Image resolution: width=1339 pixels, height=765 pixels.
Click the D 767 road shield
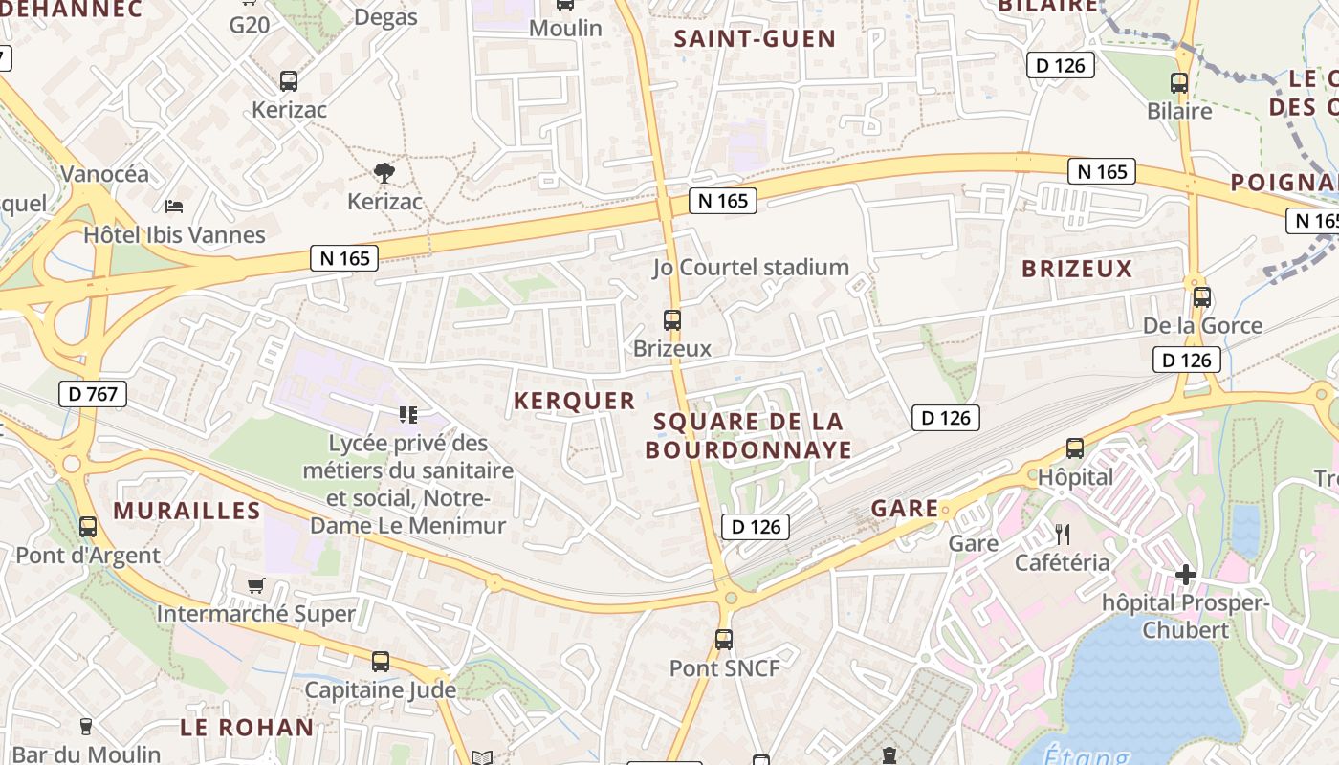pos(94,393)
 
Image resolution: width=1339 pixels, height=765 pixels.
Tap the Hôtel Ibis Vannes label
pos(174,234)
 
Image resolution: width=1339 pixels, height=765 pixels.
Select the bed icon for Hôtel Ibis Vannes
pos(174,206)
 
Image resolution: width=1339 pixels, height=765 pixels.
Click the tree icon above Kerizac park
pos(384,173)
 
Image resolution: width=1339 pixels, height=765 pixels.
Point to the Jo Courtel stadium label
pos(751,267)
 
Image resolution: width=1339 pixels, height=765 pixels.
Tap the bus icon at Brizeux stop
pos(672,320)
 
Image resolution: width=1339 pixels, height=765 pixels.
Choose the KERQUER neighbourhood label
pos(574,401)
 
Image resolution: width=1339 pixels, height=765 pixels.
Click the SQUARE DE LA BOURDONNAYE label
pos(748,435)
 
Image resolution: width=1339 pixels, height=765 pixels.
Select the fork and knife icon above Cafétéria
pos(1063,534)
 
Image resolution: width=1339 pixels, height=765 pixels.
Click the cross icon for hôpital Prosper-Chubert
pos(1186,574)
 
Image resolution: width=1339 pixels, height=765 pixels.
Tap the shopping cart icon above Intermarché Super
pos(255,585)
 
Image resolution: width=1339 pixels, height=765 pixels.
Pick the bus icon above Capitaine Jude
pos(381,661)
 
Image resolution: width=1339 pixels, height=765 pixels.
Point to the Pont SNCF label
pos(724,667)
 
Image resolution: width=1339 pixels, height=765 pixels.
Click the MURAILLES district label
pos(187,511)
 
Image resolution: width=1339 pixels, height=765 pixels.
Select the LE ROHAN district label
pos(247,727)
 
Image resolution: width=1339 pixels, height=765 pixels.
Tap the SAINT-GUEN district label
pos(755,39)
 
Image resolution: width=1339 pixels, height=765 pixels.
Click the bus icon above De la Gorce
pos(1202,296)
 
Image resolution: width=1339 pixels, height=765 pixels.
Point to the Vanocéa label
pos(105,173)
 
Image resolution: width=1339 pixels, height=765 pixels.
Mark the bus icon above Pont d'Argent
pos(88,526)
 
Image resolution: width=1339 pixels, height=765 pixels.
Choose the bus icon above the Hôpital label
pos(1075,448)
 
